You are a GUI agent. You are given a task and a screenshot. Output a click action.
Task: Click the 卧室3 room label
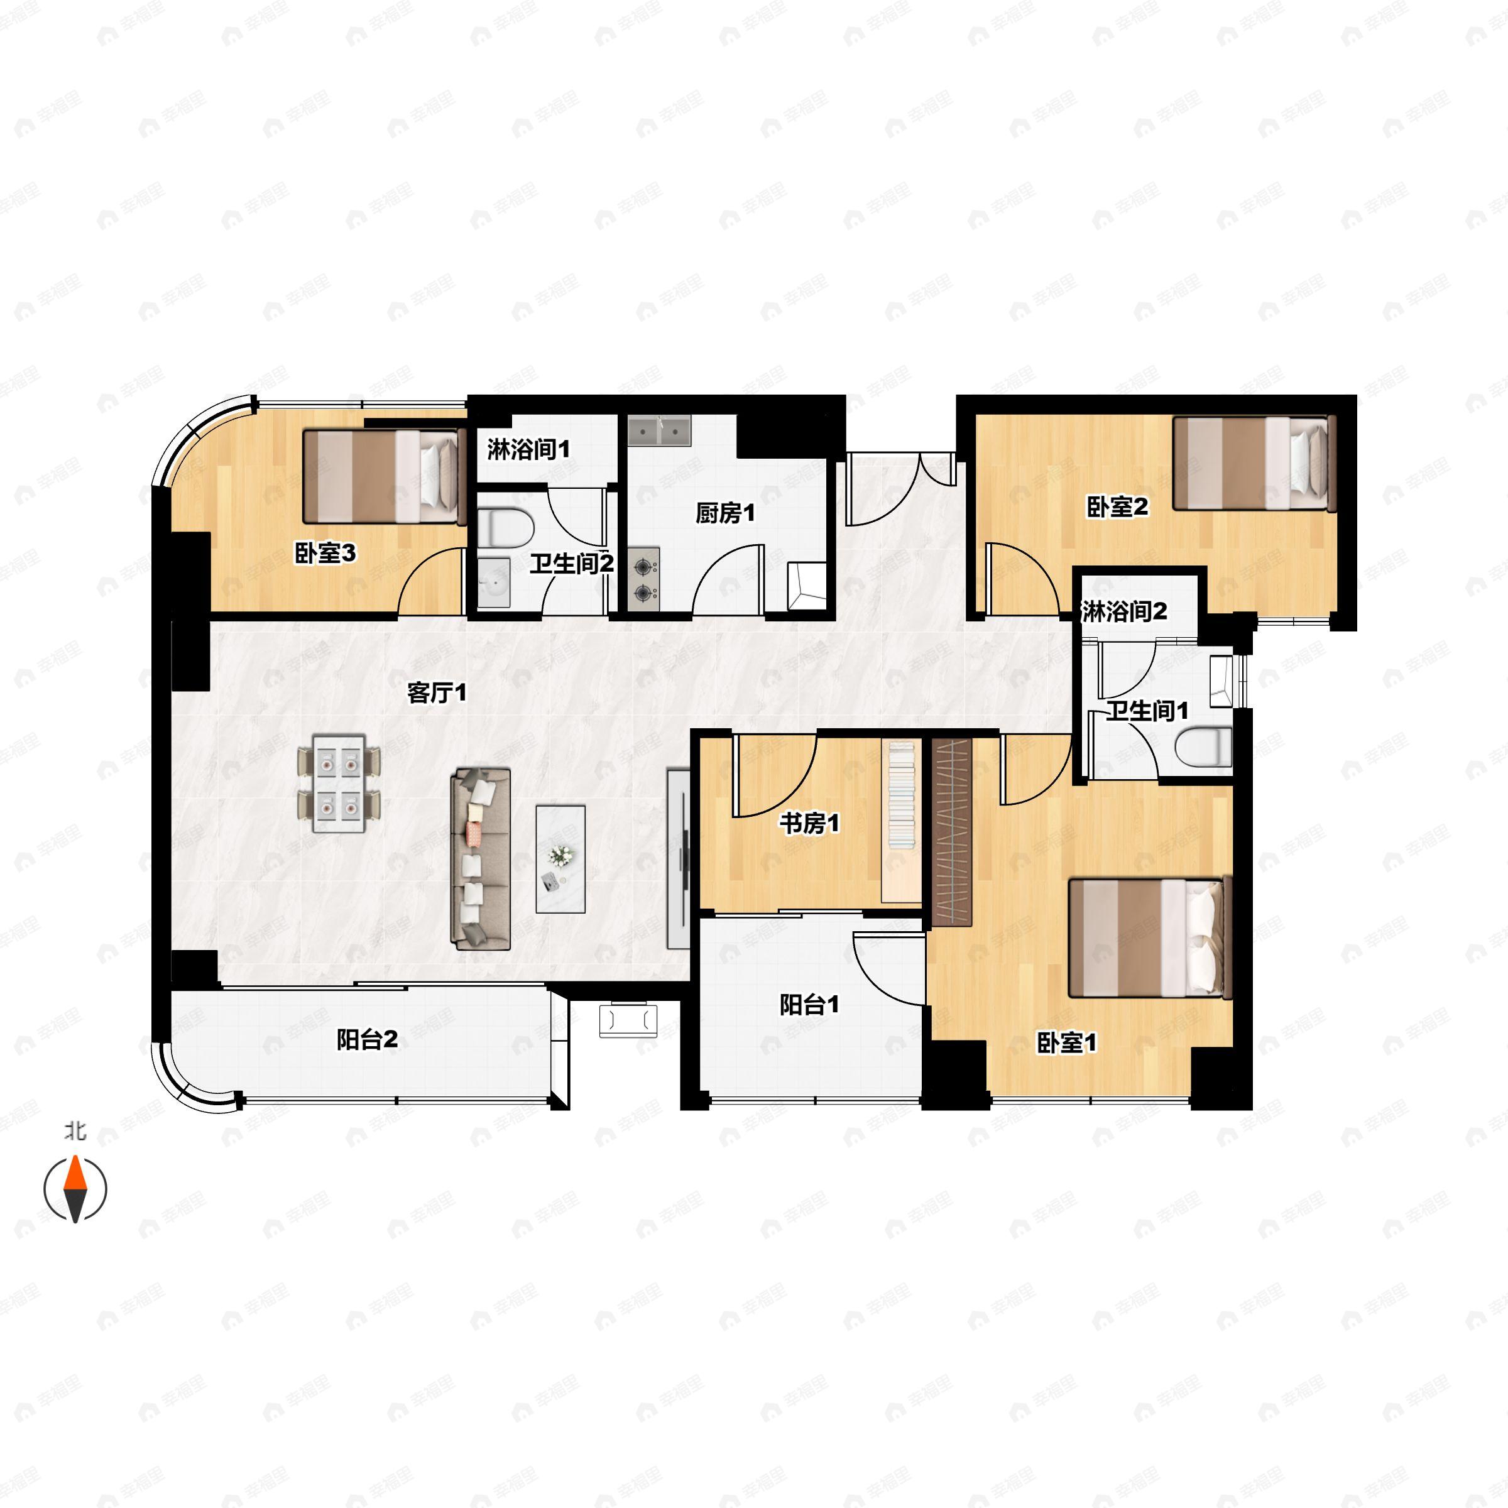(x=325, y=554)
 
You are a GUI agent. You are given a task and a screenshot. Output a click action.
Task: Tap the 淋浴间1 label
(x=528, y=450)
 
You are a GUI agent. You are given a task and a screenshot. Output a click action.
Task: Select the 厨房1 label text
(x=725, y=513)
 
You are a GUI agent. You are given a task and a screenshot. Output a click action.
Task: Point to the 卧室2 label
(x=1117, y=506)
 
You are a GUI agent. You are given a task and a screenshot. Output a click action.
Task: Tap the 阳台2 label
(x=367, y=1039)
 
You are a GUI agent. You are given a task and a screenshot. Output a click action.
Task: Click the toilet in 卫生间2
(x=504, y=528)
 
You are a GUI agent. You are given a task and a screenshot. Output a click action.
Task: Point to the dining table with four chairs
(x=339, y=783)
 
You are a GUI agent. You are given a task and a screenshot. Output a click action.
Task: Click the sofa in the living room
(x=481, y=858)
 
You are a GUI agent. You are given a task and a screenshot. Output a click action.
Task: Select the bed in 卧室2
(x=1254, y=464)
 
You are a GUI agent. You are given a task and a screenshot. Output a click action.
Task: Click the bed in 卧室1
(x=1149, y=938)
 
